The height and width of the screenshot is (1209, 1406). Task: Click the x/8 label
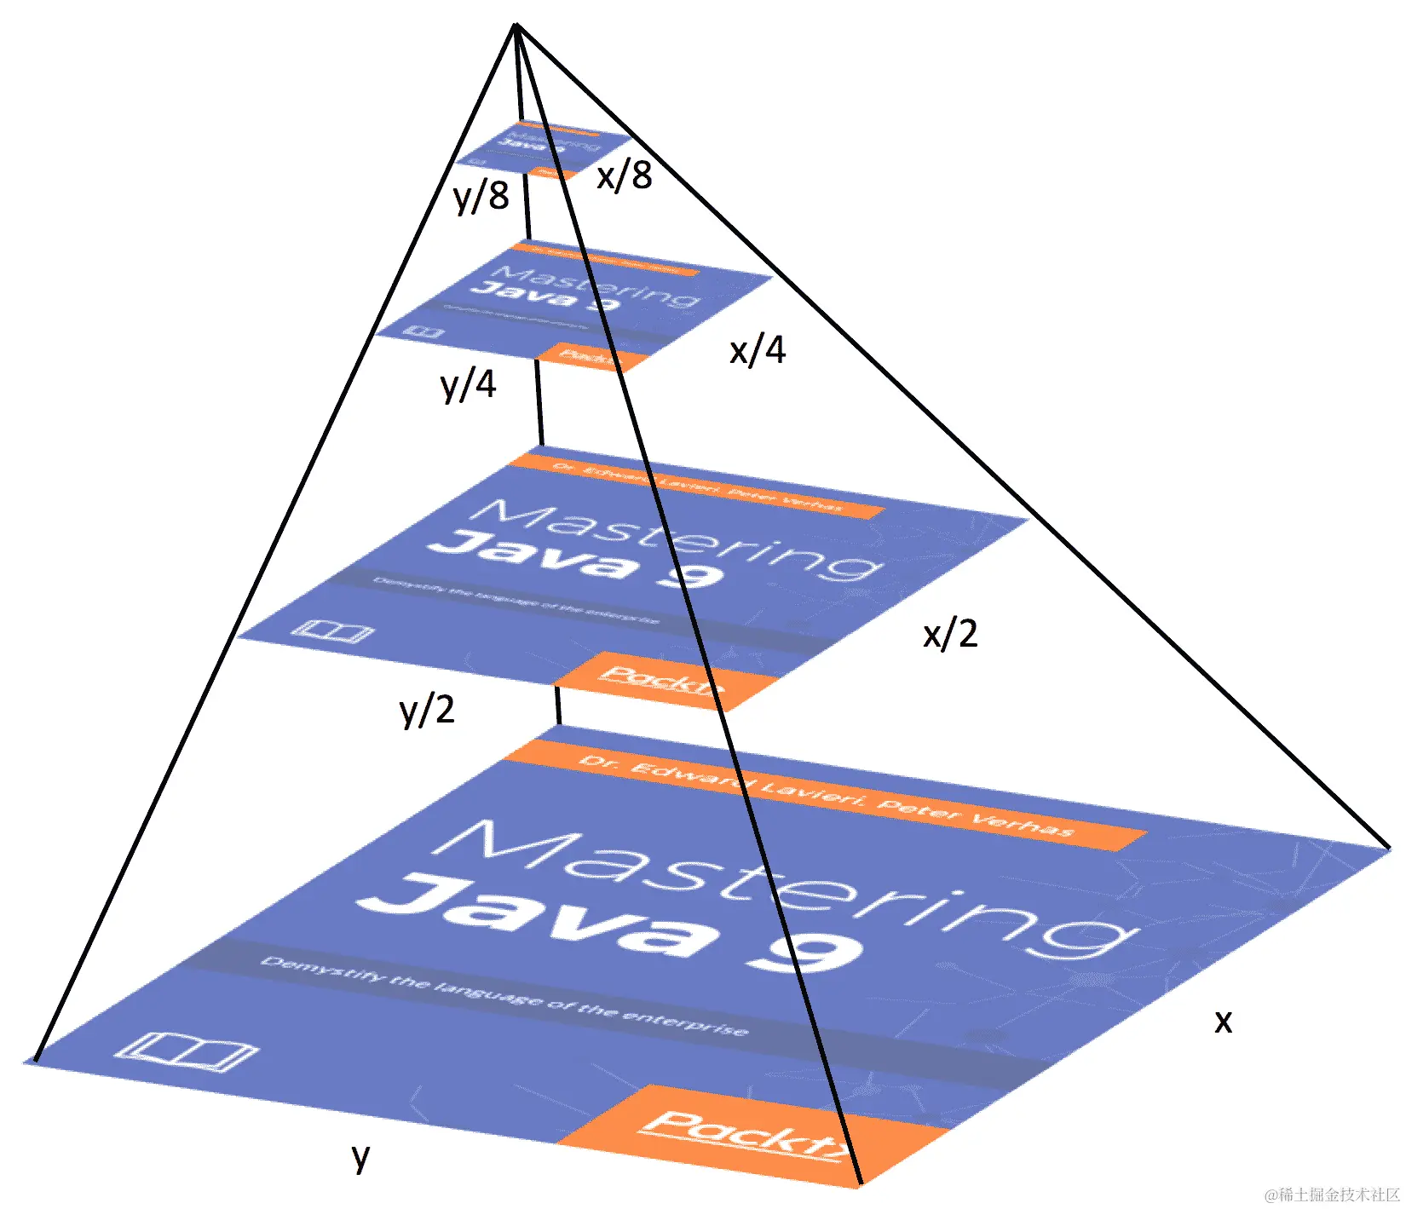coord(625,176)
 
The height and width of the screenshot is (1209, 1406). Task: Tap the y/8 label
coord(481,196)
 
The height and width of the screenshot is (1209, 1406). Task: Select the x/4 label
coord(758,349)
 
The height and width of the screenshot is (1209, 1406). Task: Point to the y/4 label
coord(468,384)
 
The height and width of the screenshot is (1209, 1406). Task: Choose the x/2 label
coord(950,634)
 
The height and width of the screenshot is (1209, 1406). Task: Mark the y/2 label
coord(427,709)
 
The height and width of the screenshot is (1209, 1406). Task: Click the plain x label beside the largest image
coord(1223,1020)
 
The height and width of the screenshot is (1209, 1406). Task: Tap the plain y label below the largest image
coord(361,1156)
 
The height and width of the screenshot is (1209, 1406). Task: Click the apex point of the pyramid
coord(516,25)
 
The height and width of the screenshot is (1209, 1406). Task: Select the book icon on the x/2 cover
coord(331,631)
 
